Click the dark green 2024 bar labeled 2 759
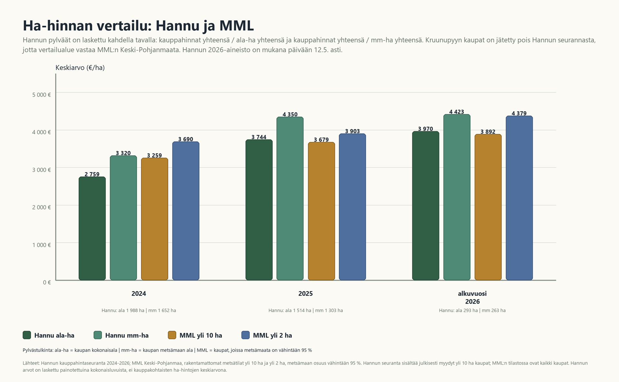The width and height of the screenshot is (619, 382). click(x=92, y=228)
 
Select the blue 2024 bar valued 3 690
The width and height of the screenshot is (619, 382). click(x=186, y=211)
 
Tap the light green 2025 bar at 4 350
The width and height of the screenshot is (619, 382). click(x=290, y=198)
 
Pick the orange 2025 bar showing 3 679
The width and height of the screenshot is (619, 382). click(x=321, y=211)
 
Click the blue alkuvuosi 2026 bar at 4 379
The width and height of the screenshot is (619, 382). click(x=519, y=198)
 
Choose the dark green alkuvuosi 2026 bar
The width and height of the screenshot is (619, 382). click(x=426, y=206)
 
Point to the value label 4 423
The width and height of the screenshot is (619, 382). click(x=457, y=112)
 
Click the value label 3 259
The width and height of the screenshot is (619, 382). click(x=154, y=155)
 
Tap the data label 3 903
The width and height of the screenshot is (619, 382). click(x=352, y=131)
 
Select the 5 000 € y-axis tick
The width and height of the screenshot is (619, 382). click(x=42, y=95)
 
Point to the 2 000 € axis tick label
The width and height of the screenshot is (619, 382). click(x=42, y=207)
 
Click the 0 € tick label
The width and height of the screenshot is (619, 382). click(x=47, y=282)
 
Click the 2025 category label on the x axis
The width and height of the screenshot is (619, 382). click(x=305, y=294)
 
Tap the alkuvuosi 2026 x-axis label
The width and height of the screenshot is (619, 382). click(x=472, y=297)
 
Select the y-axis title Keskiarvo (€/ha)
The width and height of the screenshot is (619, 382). click(x=80, y=67)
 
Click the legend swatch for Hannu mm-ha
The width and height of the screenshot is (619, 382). click(x=98, y=335)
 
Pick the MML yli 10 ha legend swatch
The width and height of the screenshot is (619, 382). click(x=172, y=335)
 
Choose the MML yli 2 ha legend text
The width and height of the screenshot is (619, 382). click(x=272, y=335)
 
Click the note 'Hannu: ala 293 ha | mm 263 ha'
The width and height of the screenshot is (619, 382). click(x=472, y=310)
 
